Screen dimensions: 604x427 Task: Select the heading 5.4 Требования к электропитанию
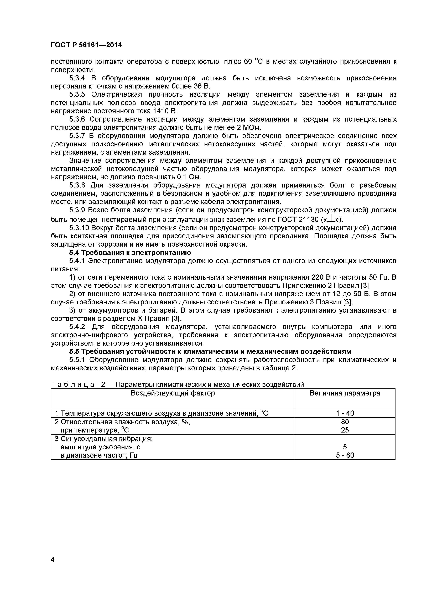(x=130, y=253)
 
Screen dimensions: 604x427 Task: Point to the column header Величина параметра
(x=345, y=393)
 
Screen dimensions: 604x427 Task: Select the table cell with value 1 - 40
(x=345, y=413)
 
